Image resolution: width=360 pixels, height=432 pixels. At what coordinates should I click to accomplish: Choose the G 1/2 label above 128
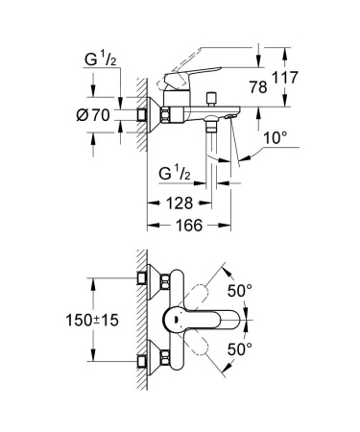pyautogui.click(x=178, y=174)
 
